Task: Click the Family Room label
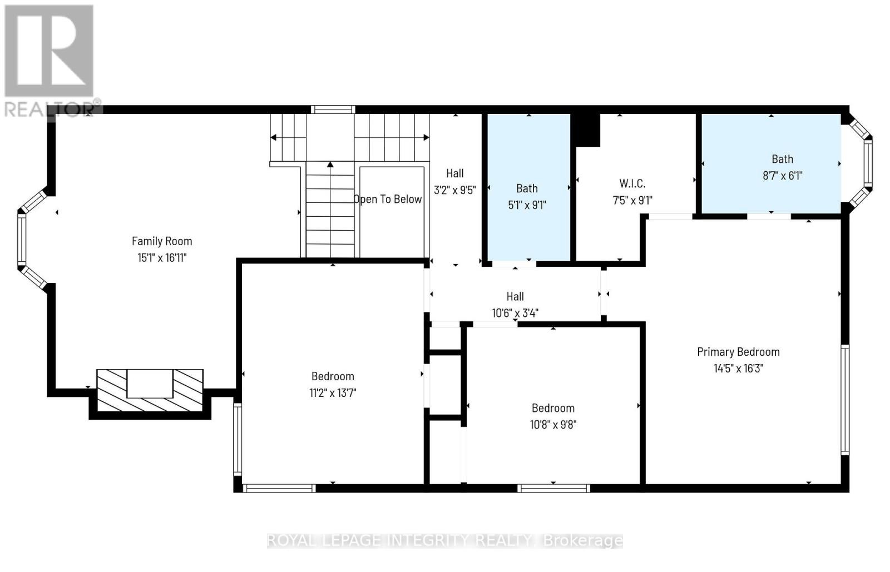(162, 241)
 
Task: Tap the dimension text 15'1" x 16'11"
(162, 257)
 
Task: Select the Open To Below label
(388, 199)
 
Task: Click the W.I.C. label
(632, 183)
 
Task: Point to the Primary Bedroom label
(738, 351)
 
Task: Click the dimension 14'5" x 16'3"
(738, 368)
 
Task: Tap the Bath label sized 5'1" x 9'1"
(527, 188)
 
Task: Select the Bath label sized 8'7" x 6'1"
(782, 159)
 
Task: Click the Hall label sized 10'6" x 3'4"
(515, 296)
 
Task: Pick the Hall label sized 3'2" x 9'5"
(454, 173)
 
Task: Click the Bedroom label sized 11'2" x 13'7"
(333, 376)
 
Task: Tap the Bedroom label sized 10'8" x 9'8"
(553, 408)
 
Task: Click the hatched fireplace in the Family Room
(150, 391)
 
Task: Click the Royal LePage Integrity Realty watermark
(445, 540)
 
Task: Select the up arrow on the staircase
(330, 165)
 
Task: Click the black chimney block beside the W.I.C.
(587, 130)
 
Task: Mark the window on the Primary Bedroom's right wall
(845, 399)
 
